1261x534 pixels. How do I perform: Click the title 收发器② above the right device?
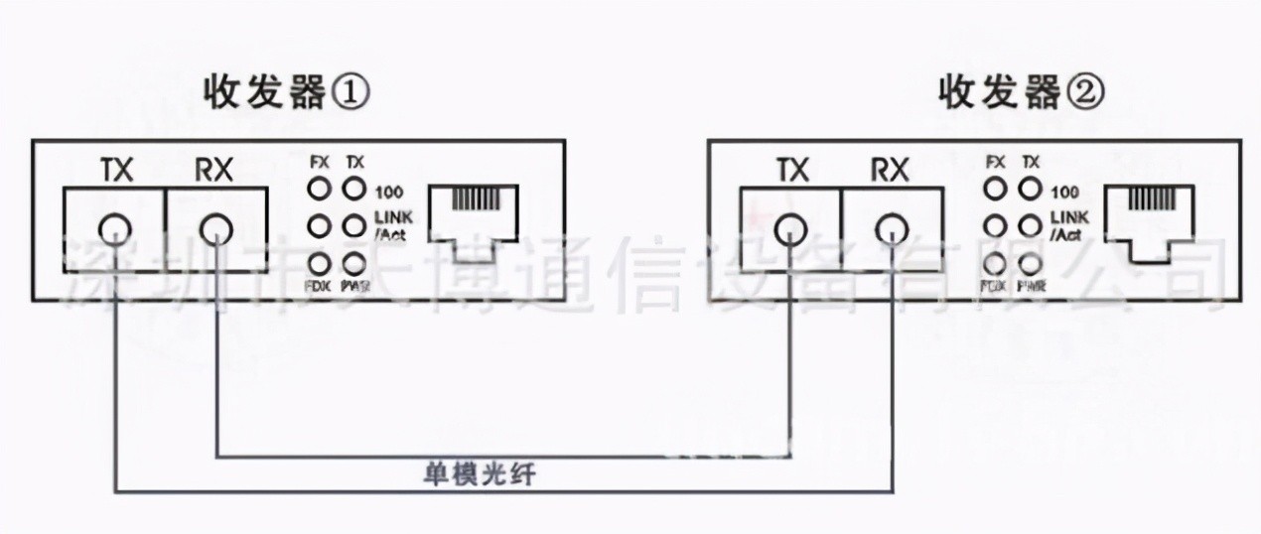(1021, 94)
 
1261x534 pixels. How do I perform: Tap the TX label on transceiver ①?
(117, 171)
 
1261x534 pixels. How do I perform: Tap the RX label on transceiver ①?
(213, 171)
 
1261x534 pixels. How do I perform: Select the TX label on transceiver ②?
(792, 171)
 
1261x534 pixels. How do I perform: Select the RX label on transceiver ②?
(891, 171)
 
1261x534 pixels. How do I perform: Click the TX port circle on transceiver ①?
(116, 230)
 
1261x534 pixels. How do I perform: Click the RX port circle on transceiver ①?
(214, 230)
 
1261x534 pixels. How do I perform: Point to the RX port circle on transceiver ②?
(892, 230)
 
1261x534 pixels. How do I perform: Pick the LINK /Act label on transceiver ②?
(1065, 225)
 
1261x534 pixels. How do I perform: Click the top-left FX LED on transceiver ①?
(320, 188)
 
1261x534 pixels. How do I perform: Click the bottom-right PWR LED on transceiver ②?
(1031, 264)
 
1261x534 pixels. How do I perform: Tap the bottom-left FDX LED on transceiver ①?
(320, 263)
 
